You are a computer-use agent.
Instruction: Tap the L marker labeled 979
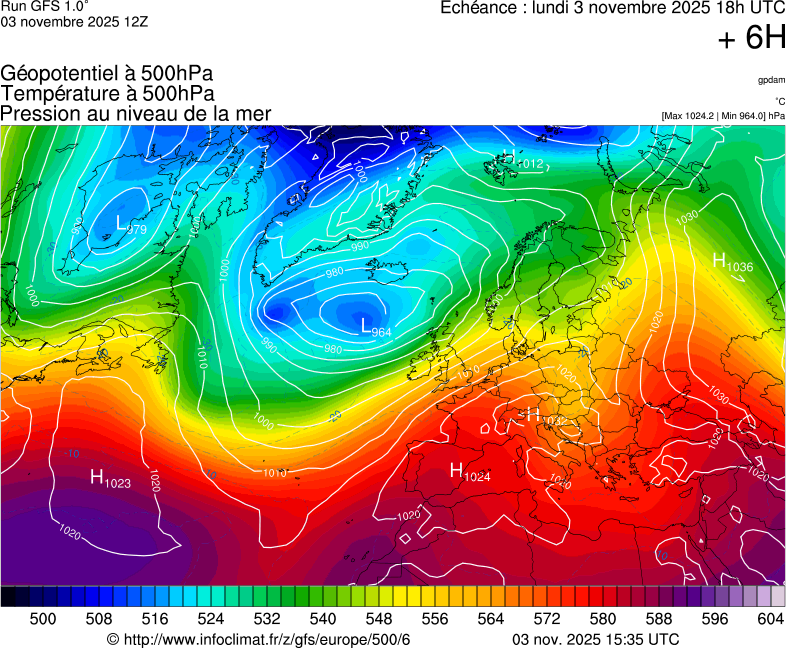click(x=122, y=224)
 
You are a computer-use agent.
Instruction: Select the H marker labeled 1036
click(x=719, y=260)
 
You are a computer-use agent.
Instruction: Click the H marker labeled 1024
click(x=456, y=470)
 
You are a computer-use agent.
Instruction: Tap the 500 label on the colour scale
click(x=43, y=620)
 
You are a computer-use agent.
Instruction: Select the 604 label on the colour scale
click(x=770, y=620)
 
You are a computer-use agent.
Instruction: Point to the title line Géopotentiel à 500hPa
click(x=107, y=73)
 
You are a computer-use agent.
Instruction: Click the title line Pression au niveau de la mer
click(x=136, y=113)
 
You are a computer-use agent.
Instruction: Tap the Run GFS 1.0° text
click(x=45, y=6)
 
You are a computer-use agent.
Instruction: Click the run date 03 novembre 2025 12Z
click(x=74, y=21)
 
